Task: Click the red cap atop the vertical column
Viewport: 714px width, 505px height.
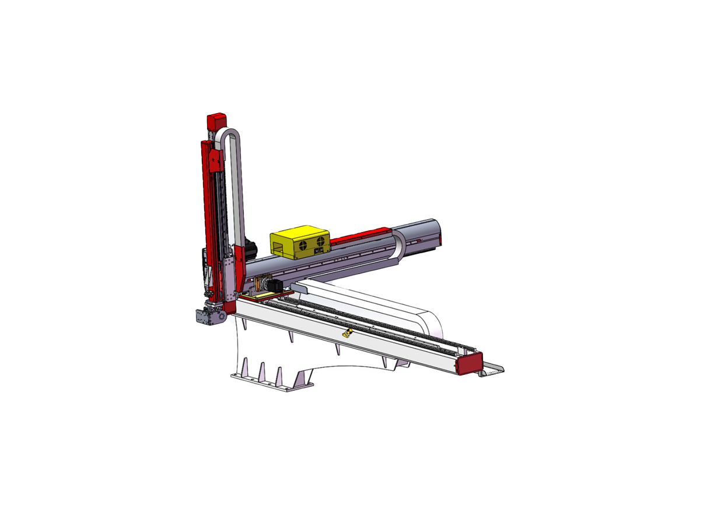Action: [216, 121]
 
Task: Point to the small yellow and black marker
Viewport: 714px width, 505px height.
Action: [348, 334]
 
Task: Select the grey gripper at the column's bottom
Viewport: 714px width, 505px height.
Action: [209, 316]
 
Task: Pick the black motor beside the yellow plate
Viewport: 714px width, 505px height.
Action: [272, 285]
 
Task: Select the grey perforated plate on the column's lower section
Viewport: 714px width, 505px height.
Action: [232, 274]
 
